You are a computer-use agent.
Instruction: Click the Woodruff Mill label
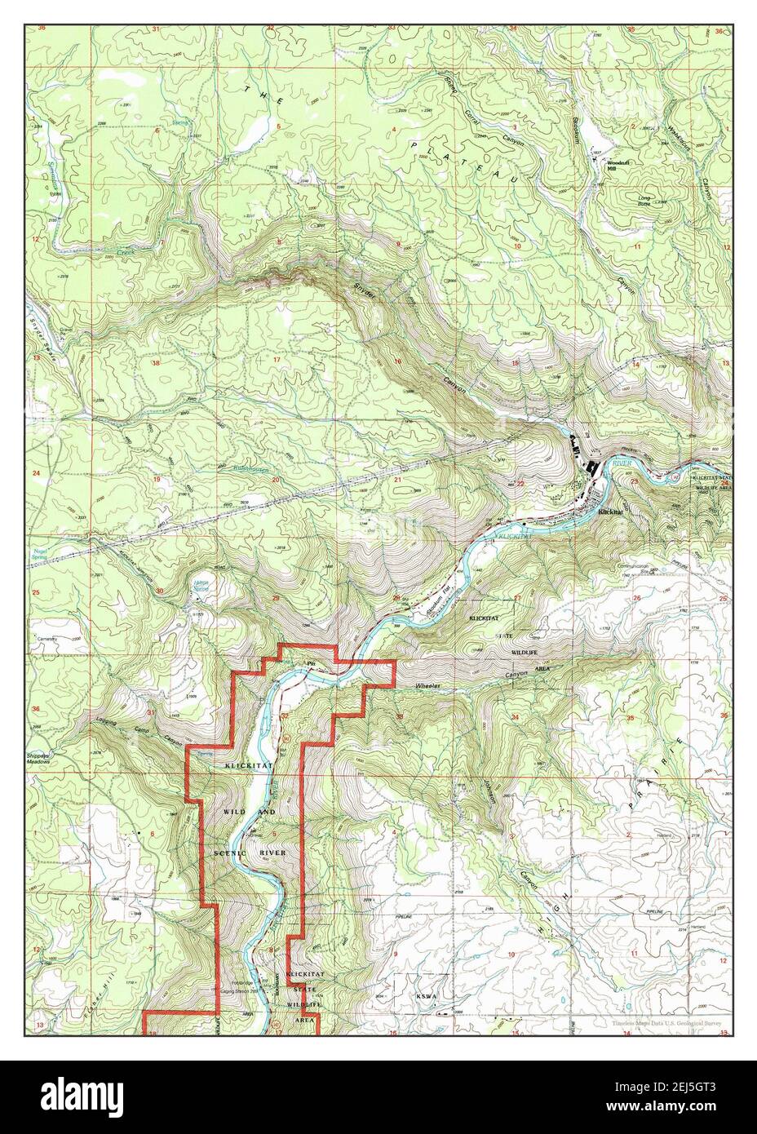pos(617,165)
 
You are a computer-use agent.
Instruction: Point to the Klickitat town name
pos(610,512)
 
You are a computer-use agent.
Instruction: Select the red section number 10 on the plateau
pos(516,245)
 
